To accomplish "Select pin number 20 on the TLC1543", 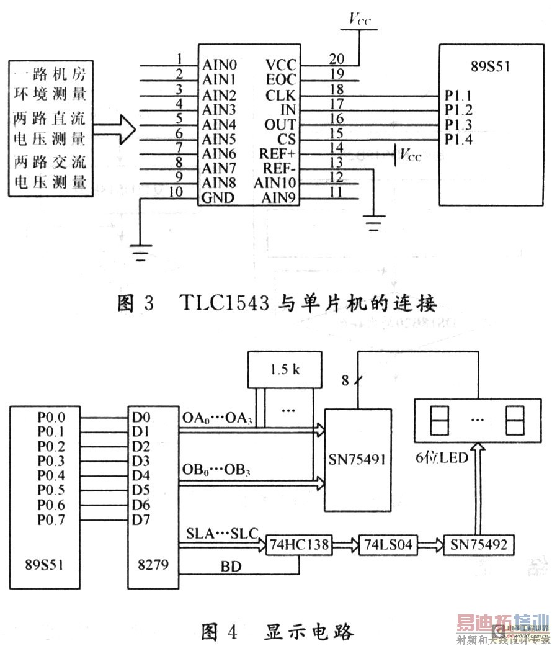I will click(337, 59).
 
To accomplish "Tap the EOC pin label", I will click(282, 80).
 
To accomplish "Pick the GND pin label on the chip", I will click(217, 198).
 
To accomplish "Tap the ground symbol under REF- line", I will click(373, 222).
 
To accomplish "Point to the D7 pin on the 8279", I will click(141, 519).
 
